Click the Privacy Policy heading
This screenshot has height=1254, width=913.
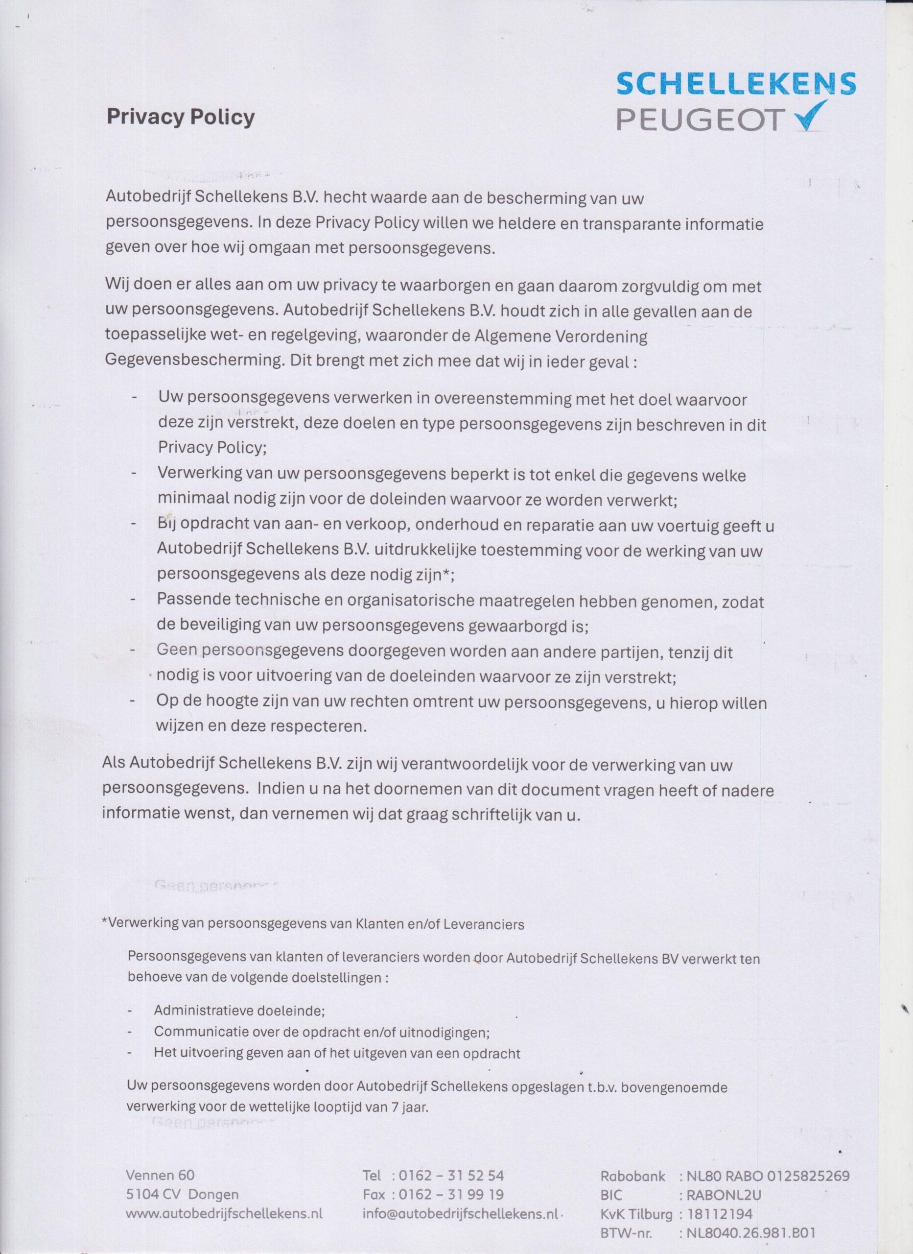click(x=180, y=117)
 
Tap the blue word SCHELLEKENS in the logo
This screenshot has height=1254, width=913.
click(x=736, y=84)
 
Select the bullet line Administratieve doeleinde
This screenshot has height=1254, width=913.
click(x=239, y=1010)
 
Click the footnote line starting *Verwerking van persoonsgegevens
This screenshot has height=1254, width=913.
click(x=313, y=923)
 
